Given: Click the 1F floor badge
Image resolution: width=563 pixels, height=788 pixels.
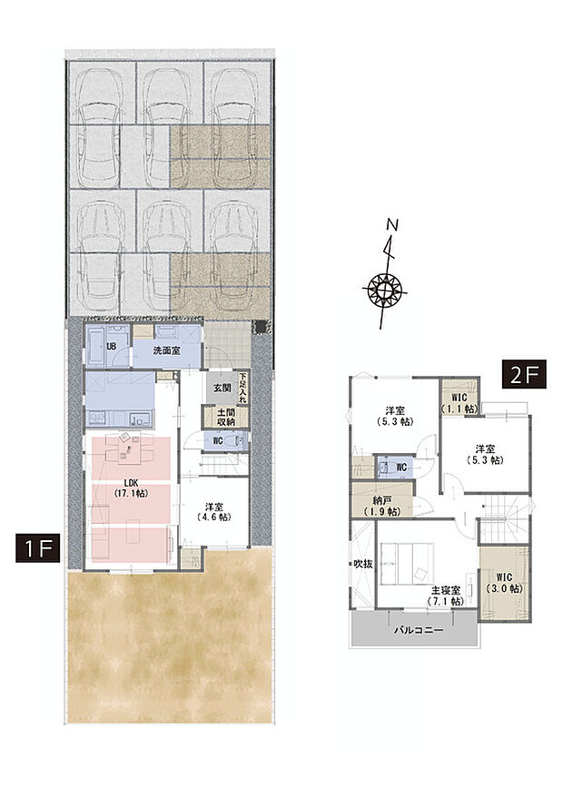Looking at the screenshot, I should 36,549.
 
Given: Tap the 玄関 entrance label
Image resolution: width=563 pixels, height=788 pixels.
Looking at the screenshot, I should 222,388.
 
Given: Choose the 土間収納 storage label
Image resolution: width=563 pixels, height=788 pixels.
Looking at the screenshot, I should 222,417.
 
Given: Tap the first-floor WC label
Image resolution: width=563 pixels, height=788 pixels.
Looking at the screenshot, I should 218,442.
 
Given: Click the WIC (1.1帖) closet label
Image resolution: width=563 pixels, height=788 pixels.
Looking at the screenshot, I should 459,403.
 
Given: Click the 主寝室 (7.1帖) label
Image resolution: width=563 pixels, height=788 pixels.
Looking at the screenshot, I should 447,596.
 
